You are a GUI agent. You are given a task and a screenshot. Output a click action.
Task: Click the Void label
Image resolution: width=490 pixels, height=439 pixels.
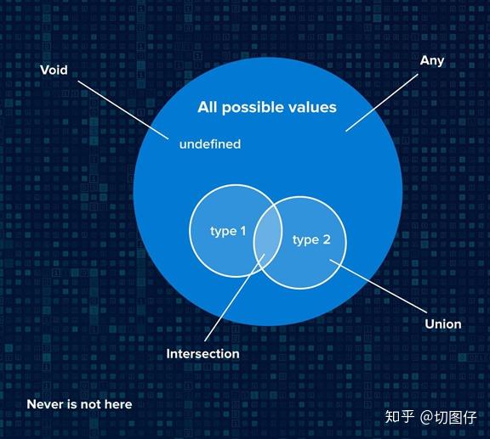click(x=54, y=70)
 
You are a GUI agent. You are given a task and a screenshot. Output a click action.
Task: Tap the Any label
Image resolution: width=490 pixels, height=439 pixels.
click(x=432, y=61)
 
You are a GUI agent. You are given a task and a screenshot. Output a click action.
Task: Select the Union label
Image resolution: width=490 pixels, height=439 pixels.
click(x=442, y=324)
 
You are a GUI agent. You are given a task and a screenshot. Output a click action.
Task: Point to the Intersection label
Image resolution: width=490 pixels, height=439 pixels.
click(x=202, y=353)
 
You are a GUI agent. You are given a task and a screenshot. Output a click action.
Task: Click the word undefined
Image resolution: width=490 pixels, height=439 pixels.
click(x=209, y=144)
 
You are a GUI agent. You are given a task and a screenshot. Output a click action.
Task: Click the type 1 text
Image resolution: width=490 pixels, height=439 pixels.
click(x=228, y=231)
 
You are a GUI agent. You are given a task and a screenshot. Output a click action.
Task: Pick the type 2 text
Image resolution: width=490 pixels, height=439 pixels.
click(x=311, y=240)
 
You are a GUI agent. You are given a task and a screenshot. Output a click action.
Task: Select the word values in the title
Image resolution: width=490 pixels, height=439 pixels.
click(x=312, y=107)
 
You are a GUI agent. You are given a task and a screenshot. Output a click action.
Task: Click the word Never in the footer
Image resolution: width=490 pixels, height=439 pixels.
click(x=44, y=404)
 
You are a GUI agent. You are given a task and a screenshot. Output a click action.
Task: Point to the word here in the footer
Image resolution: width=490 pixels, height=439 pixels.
click(x=117, y=404)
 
